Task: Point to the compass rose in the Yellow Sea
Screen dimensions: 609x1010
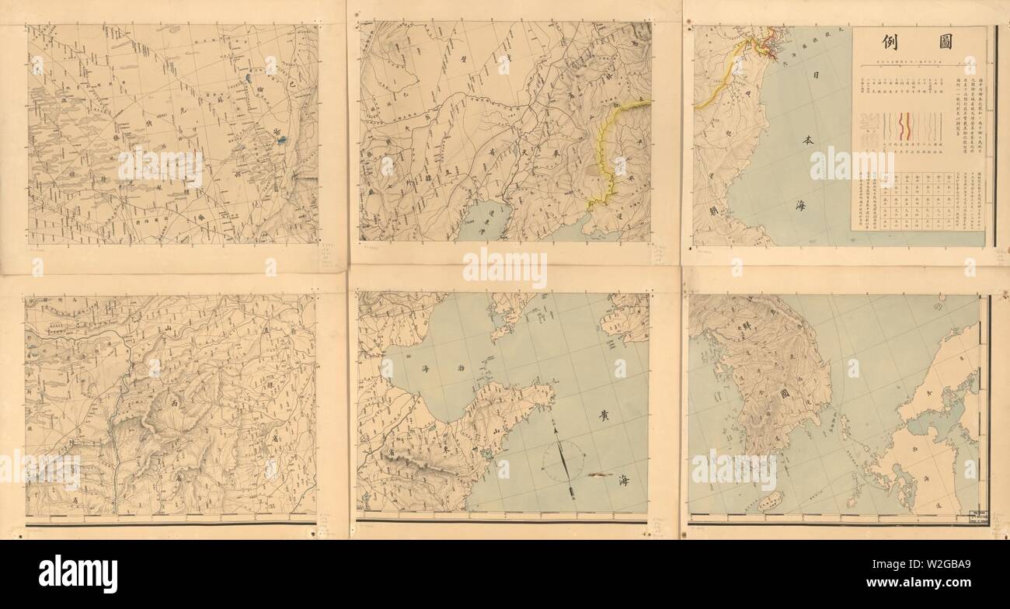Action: point(565,459)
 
